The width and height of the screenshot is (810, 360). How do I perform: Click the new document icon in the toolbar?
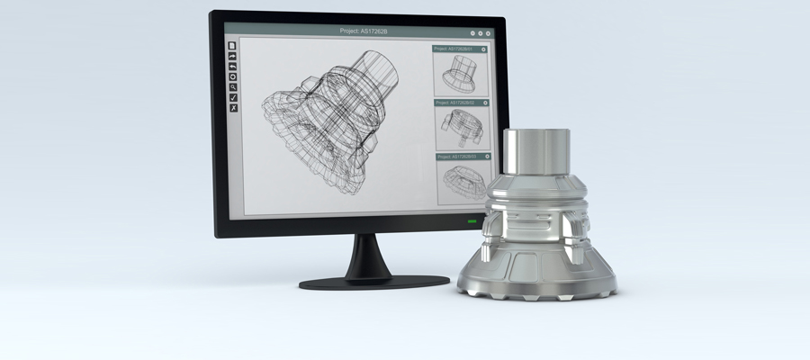232,45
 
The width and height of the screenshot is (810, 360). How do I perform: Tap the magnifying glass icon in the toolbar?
232,86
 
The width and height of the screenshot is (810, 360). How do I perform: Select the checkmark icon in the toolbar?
232,97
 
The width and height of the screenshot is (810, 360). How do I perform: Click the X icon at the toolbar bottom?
232,108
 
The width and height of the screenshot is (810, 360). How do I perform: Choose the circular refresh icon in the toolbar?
232,76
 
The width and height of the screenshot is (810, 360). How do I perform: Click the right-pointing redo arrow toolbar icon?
232,56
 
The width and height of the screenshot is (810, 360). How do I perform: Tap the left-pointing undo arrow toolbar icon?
232,66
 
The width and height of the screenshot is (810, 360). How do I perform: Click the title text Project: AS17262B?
364,31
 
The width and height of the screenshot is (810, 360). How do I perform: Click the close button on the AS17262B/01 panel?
484,49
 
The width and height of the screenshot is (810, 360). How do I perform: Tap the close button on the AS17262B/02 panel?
484,103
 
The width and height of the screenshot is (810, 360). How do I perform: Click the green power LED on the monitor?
472,221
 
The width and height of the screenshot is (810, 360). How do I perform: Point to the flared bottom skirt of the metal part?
537,274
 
